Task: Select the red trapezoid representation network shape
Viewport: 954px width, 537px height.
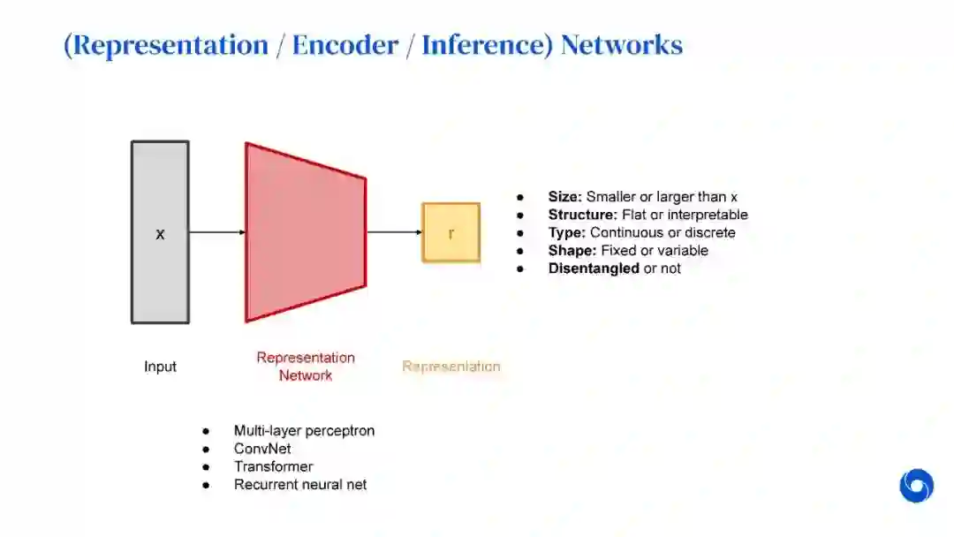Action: click(x=305, y=232)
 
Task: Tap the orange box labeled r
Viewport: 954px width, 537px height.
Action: click(x=450, y=232)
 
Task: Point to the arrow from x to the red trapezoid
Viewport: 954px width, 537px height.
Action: click(x=216, y=232)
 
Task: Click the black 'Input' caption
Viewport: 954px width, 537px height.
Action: click(x=160, y=367)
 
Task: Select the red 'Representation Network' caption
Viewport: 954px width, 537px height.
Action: click(x=306, y=367)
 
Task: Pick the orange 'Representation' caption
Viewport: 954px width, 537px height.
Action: click(x=450, y=367)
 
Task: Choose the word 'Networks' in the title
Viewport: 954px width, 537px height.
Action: click(x=621, y=45)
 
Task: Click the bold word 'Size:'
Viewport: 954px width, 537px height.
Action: click(x=565, y=197)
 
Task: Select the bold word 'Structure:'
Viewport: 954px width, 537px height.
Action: click(x=580, y=215)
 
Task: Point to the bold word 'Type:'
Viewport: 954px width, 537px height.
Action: click(x=567, y=232)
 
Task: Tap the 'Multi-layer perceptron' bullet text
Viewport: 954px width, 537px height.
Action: click(x=304, y=431)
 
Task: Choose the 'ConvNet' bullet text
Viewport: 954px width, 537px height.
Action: click(x=262, y=449)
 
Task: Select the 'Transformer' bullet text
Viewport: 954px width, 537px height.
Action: click(x=273, y=466)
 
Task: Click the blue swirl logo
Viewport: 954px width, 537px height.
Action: click(x=916, y=486)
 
